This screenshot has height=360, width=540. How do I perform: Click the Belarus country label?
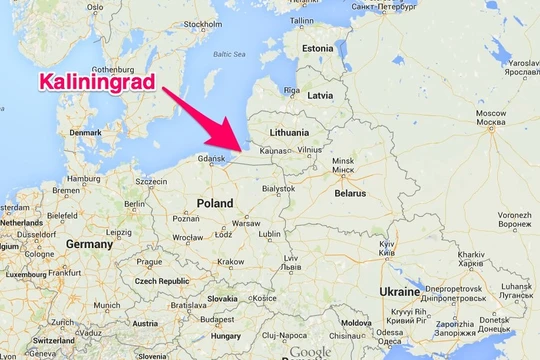(x=351, y=192)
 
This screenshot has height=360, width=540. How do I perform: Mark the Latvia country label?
(x=320, y=96)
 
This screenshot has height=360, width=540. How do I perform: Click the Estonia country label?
(x=317, y=48)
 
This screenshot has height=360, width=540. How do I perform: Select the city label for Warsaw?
(x=246, y=222)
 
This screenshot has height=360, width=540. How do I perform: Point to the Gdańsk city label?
(x=213, y=158)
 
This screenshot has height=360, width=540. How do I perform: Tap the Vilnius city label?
(x=310, y=149)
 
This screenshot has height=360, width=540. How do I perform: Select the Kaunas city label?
(x=273, y=150)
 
